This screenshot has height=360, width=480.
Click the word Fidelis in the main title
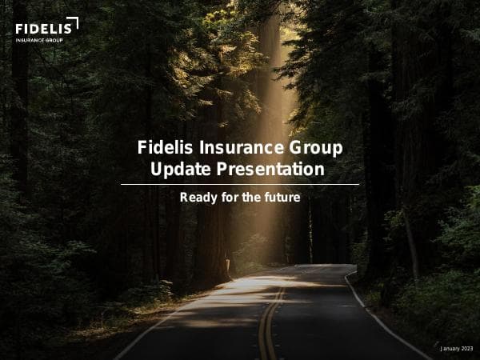164,148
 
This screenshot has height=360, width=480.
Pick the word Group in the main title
318,148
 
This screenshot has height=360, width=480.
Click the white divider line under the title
240,184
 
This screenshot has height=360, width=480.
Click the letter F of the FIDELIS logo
19,29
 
